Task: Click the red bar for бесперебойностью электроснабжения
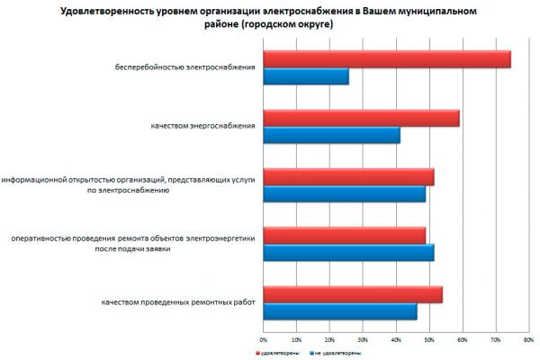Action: [x=387, y=59]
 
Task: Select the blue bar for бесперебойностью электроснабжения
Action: [x=306, y=76]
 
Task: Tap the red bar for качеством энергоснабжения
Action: [x=361, y=118]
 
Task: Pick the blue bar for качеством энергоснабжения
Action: [x=331, y=135]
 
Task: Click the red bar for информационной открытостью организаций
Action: [x=348, y=177]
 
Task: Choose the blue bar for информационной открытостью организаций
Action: [x=344, y=193]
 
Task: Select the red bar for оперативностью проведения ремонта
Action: [x=344, y=235]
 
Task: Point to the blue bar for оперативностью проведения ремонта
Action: [x=348, y=252]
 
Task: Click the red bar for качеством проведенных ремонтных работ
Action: [x=353, y=294]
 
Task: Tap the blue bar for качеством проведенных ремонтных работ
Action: [x=340, y=311]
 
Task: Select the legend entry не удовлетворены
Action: [x=339, y=353]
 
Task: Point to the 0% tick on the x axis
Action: [x=264, y=339]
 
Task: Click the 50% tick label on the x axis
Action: [x=429, y=339]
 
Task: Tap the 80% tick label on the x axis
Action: [x=528, y=339]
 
